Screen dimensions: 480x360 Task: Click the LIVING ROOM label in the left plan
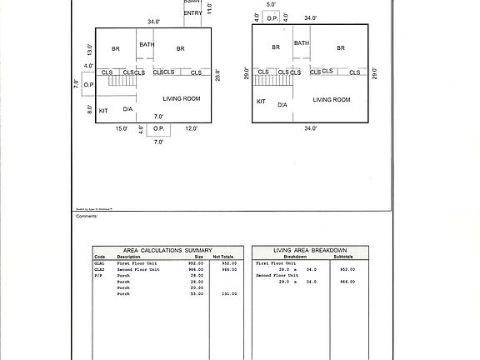[x=182, y=99]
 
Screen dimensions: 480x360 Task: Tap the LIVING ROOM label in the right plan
[x=332, y=100]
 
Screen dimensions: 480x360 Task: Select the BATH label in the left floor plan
[x=147, y=44]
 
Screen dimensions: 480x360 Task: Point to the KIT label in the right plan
[x=261, y=101]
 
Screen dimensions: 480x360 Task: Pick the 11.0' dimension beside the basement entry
[x=209, y=8]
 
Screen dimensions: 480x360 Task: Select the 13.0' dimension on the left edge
[x=88, y=49]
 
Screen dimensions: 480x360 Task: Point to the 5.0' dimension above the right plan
[x=272, y=4]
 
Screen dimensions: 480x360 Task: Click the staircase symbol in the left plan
[x=124, y=78]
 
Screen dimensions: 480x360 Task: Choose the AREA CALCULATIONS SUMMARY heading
[x=167, y=250]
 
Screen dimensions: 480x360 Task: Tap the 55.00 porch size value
[x=197, y=293]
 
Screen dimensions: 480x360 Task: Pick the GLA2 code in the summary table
[x=99, y=269]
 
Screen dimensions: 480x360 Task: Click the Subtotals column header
[x=342, y=257]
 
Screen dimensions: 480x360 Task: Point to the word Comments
[x=87, y=215]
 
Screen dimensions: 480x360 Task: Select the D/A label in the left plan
[x=128, y=108]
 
